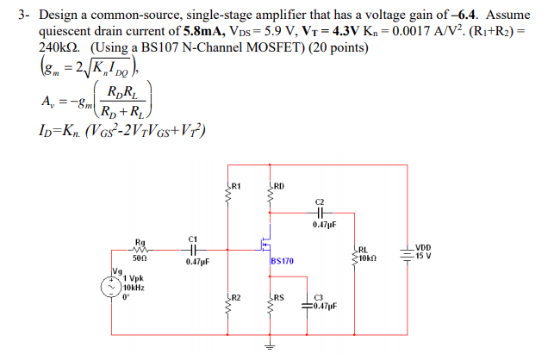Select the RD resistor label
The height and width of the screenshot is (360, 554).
pyautogui.click(x=280, y=186)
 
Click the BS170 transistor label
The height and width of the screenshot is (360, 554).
pyautogui.click(x=282, y=259)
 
